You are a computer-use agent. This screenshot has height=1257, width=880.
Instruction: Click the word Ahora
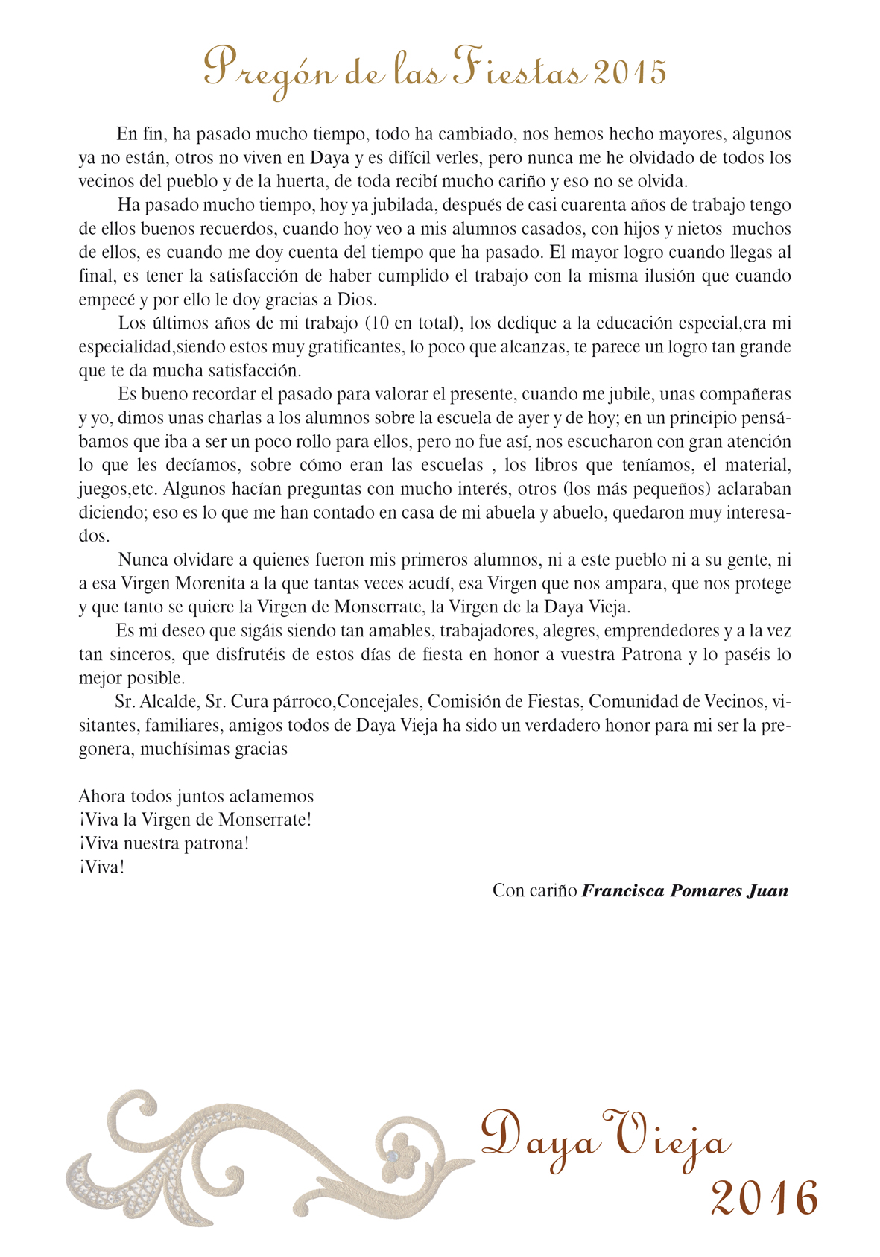tap(101, 797)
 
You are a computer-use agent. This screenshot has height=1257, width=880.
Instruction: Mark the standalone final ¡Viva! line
tap(101, 867)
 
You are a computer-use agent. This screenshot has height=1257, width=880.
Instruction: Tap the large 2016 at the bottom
tap(764, 1199)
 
